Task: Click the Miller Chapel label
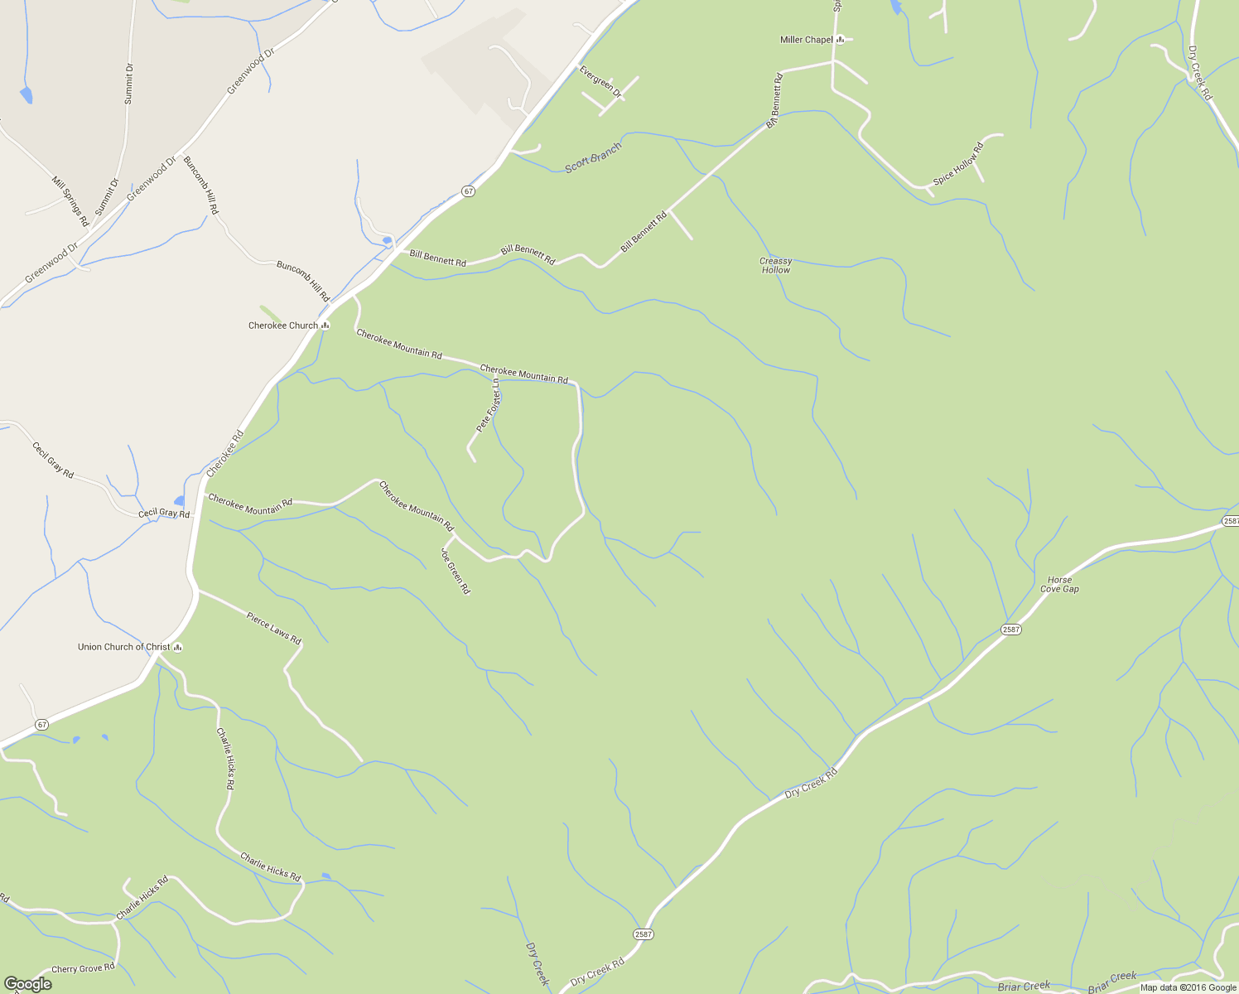click(x=806, y=40)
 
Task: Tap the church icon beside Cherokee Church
click(x=325, y=326)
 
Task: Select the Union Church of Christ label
click(x=123, y=647)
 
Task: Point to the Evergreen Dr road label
click(x=600, y=81)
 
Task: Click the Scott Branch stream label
click(x=592, y=157)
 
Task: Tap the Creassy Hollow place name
click(x=776, y=265)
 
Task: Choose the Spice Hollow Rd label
click(x=958, y=164)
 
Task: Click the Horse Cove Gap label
click(x=1059, y=585)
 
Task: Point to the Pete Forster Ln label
click(x=489, y=406)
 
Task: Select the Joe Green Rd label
click(x=456, y=571)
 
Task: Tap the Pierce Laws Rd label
click(x=273, y=628)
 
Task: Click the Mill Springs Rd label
click(x=70, y=201)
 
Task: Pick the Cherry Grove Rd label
click(x=83, y=968)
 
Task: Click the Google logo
click(x=27, y=984)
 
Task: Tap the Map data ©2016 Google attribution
click(x=1188, y=987)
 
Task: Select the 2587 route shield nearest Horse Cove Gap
click(x=1010, y=630)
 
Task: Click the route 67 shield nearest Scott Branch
click(x=469, y=191)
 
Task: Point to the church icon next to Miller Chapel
click(x=840, y=39)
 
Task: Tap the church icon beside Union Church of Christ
click(x=177, y=647)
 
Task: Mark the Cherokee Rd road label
click(x=225, y=453)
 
